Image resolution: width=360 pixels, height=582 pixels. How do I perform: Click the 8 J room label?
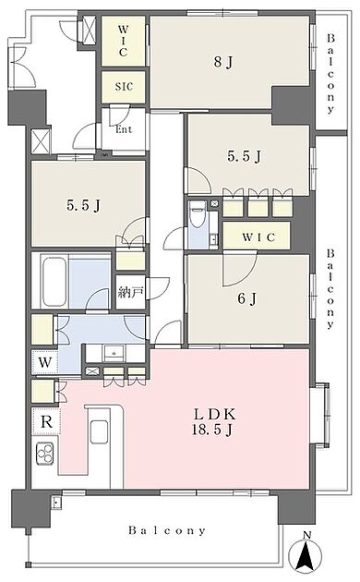(222, 64)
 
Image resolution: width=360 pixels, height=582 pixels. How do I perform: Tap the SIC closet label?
(124, 88)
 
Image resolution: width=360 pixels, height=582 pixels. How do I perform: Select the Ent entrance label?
(124, 128)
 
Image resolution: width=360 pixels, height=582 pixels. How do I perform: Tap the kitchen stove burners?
(45, 453)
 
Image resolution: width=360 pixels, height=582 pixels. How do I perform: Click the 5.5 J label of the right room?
(245, 156)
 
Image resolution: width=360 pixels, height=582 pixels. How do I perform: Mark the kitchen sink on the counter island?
(100, 432)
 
